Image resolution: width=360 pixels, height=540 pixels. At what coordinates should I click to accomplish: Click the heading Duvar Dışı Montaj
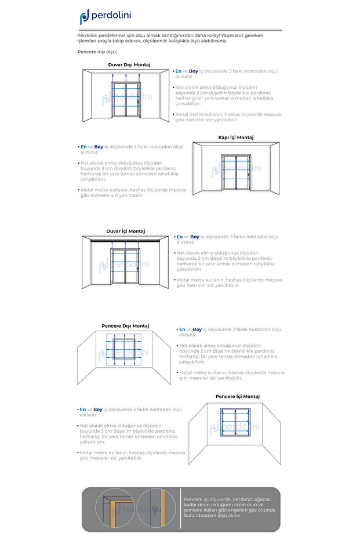coord(129,65)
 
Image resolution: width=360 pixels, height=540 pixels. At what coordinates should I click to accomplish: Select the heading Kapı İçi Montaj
coord(235,137)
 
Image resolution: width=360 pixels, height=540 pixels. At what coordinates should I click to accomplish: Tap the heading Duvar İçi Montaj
coord(125,231)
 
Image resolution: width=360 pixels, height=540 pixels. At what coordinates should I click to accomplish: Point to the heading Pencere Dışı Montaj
coord(125,326)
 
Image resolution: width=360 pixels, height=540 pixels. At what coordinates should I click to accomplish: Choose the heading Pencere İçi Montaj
coord(237,397)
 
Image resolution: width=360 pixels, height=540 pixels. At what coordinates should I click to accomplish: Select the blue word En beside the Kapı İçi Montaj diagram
coord(83,147)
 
